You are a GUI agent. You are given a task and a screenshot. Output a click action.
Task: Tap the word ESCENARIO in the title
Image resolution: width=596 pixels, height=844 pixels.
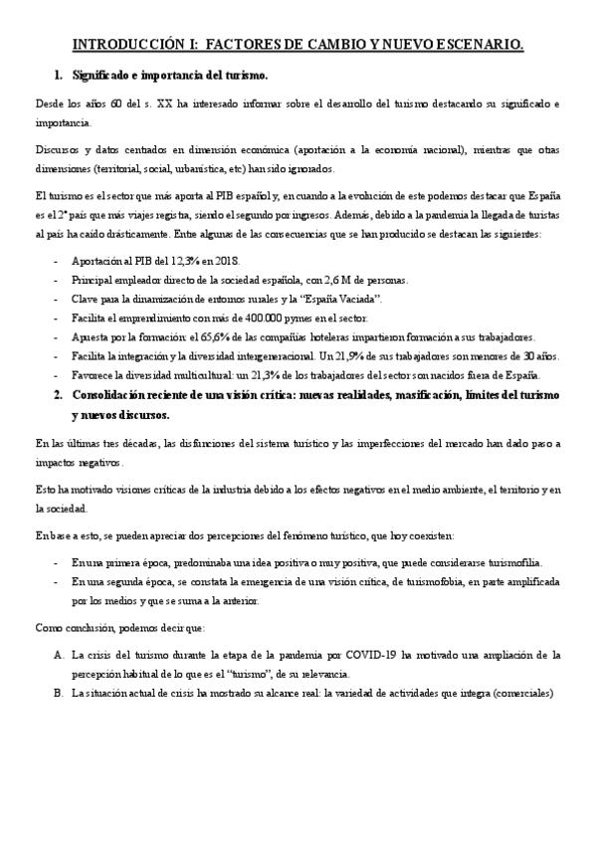click(x=475, y=45)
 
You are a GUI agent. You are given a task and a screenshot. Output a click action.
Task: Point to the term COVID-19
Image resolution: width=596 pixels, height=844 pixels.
click(x=365, y=656)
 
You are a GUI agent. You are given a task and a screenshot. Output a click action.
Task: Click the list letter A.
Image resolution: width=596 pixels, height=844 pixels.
click(x=60, y=656)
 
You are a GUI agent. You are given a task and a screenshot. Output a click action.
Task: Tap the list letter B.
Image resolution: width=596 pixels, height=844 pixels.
click(x=60, y=694)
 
